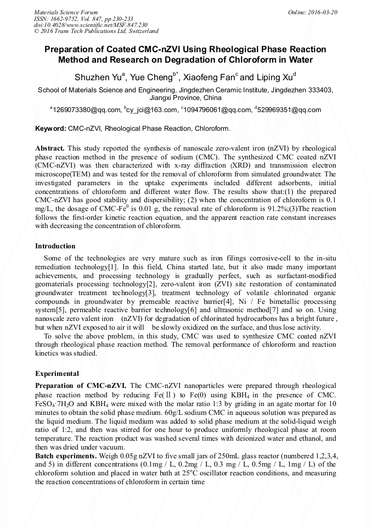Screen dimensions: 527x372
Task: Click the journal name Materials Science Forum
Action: tap(66, 12)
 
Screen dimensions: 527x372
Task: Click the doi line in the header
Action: tap(91, 25)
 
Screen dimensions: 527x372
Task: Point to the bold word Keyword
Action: tap(50, 129)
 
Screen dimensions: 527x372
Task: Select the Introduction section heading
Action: tap(55, 246)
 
